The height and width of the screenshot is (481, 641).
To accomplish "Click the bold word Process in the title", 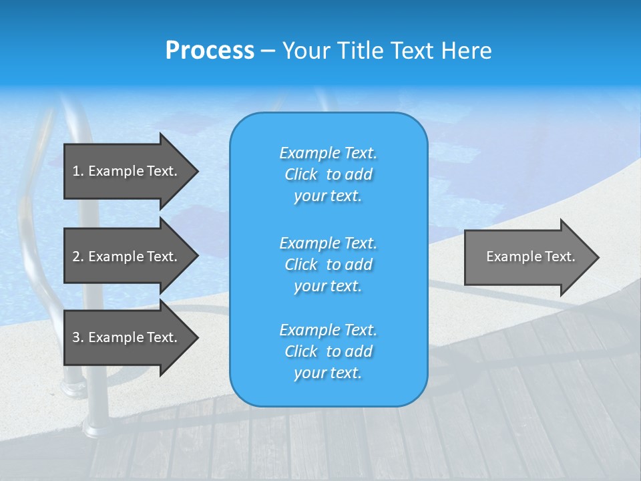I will pos(210,50).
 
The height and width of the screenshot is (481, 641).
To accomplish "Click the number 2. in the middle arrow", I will pos(77,257).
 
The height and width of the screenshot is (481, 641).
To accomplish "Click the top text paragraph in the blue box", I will pos(328,174).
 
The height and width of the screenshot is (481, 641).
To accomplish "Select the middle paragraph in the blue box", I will pos(328,265).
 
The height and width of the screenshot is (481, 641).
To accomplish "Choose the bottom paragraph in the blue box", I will pos(328,351).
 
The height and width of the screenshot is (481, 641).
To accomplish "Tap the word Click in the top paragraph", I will pos(300,174).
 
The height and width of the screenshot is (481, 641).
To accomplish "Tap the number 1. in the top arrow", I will pos(77,171).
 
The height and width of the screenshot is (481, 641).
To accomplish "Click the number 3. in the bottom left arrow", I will pos(77,337).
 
